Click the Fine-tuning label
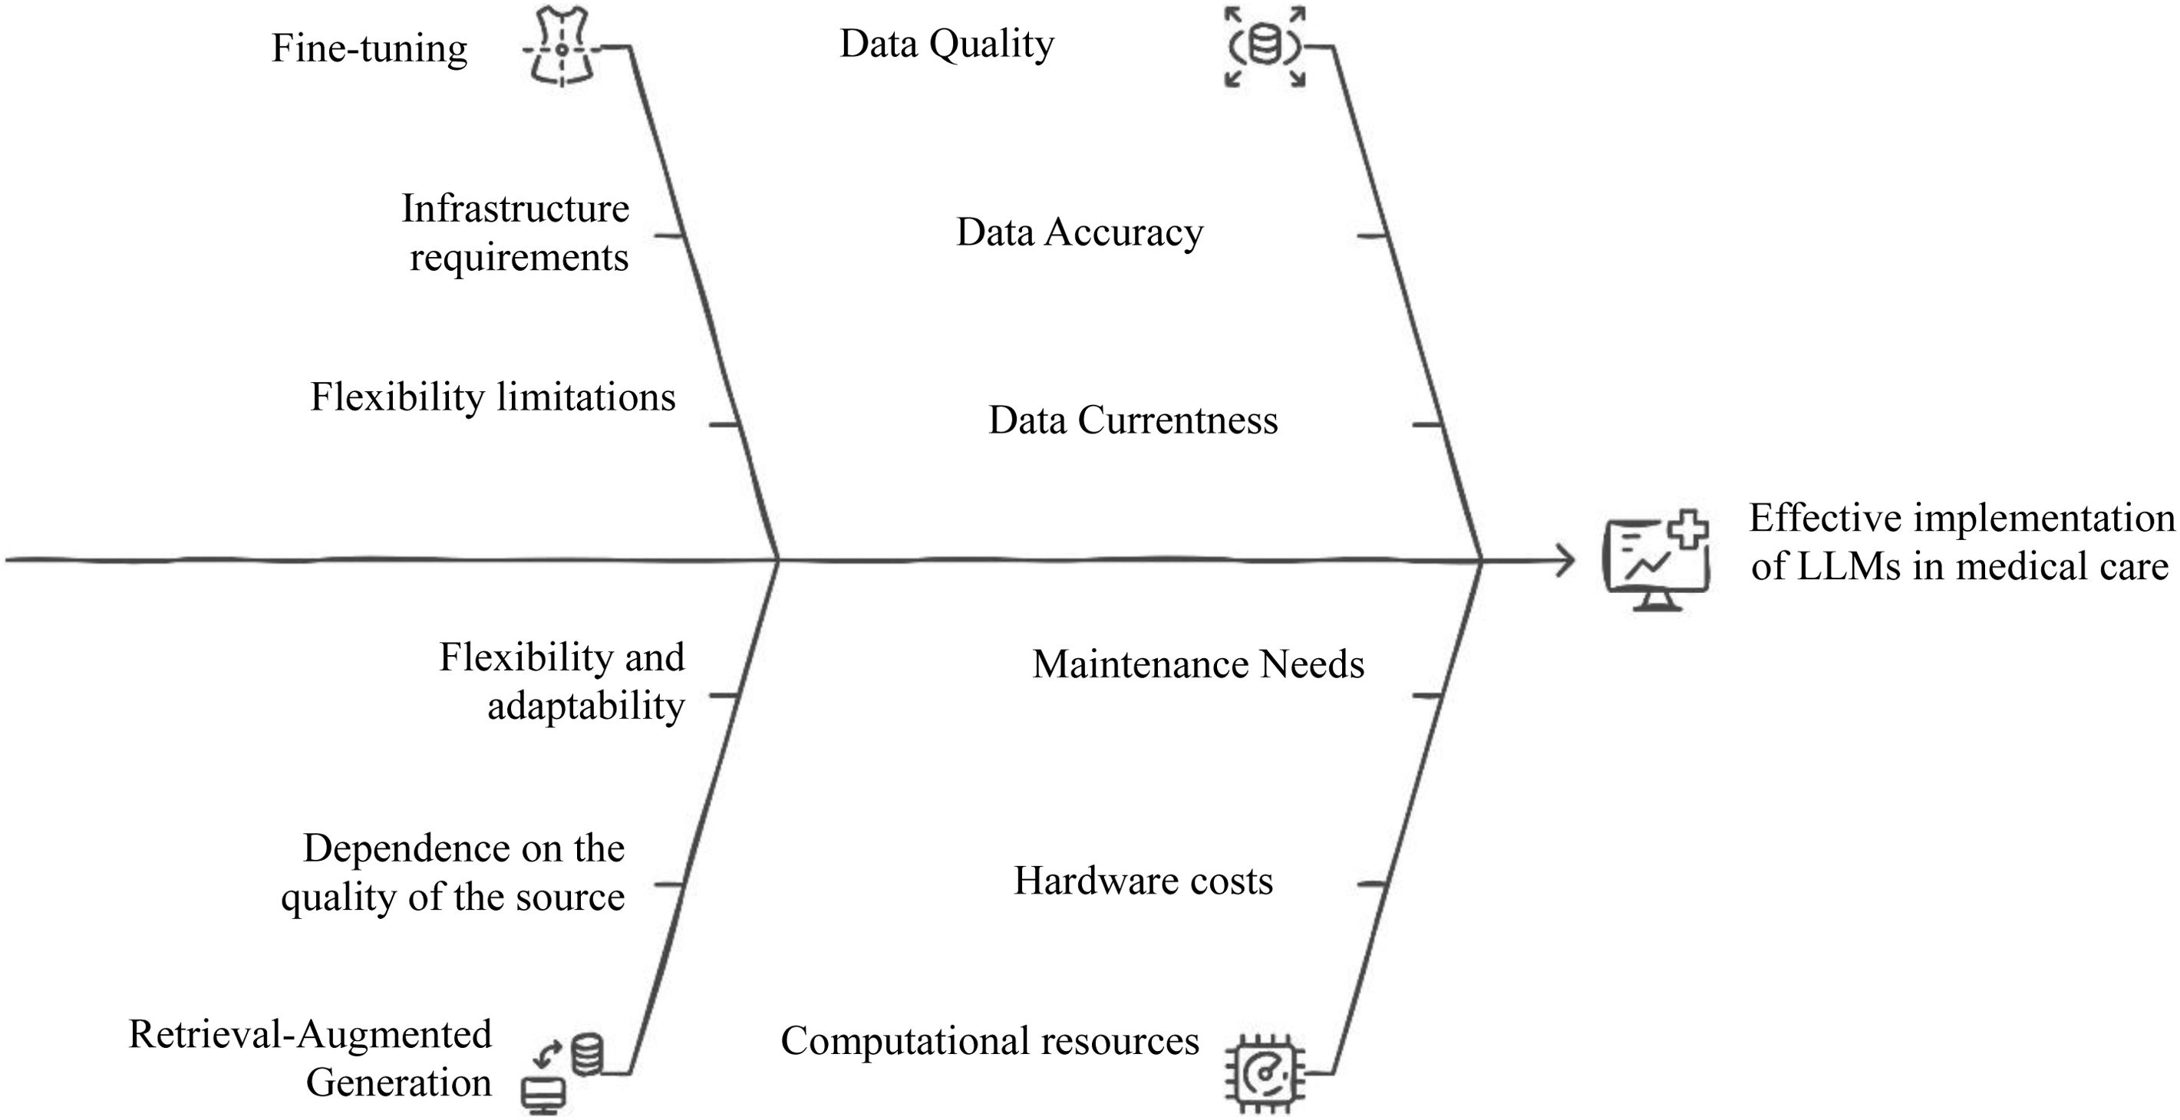tap(369, 49)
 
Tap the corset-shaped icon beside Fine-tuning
tap(560, 48)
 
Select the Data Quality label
tap(946, 44)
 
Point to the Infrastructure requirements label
tap(516, 232)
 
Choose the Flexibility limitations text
tap(493, 397)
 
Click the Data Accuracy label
tap(1079, 232)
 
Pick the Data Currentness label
tap(1133, 420)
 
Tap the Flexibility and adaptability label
tap(562, 681)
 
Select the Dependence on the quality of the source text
tap(454, 872)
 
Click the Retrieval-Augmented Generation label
tap(312, 1059)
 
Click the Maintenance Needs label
tap(1199, 665)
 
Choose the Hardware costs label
tap(1143, 881)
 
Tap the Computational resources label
tap(989, 1041)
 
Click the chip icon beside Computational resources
tap(1265, 1072)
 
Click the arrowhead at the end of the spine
tap(1566, 560)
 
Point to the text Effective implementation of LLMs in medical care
tap(1960, 542)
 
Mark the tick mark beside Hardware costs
tap(1371, 884)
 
